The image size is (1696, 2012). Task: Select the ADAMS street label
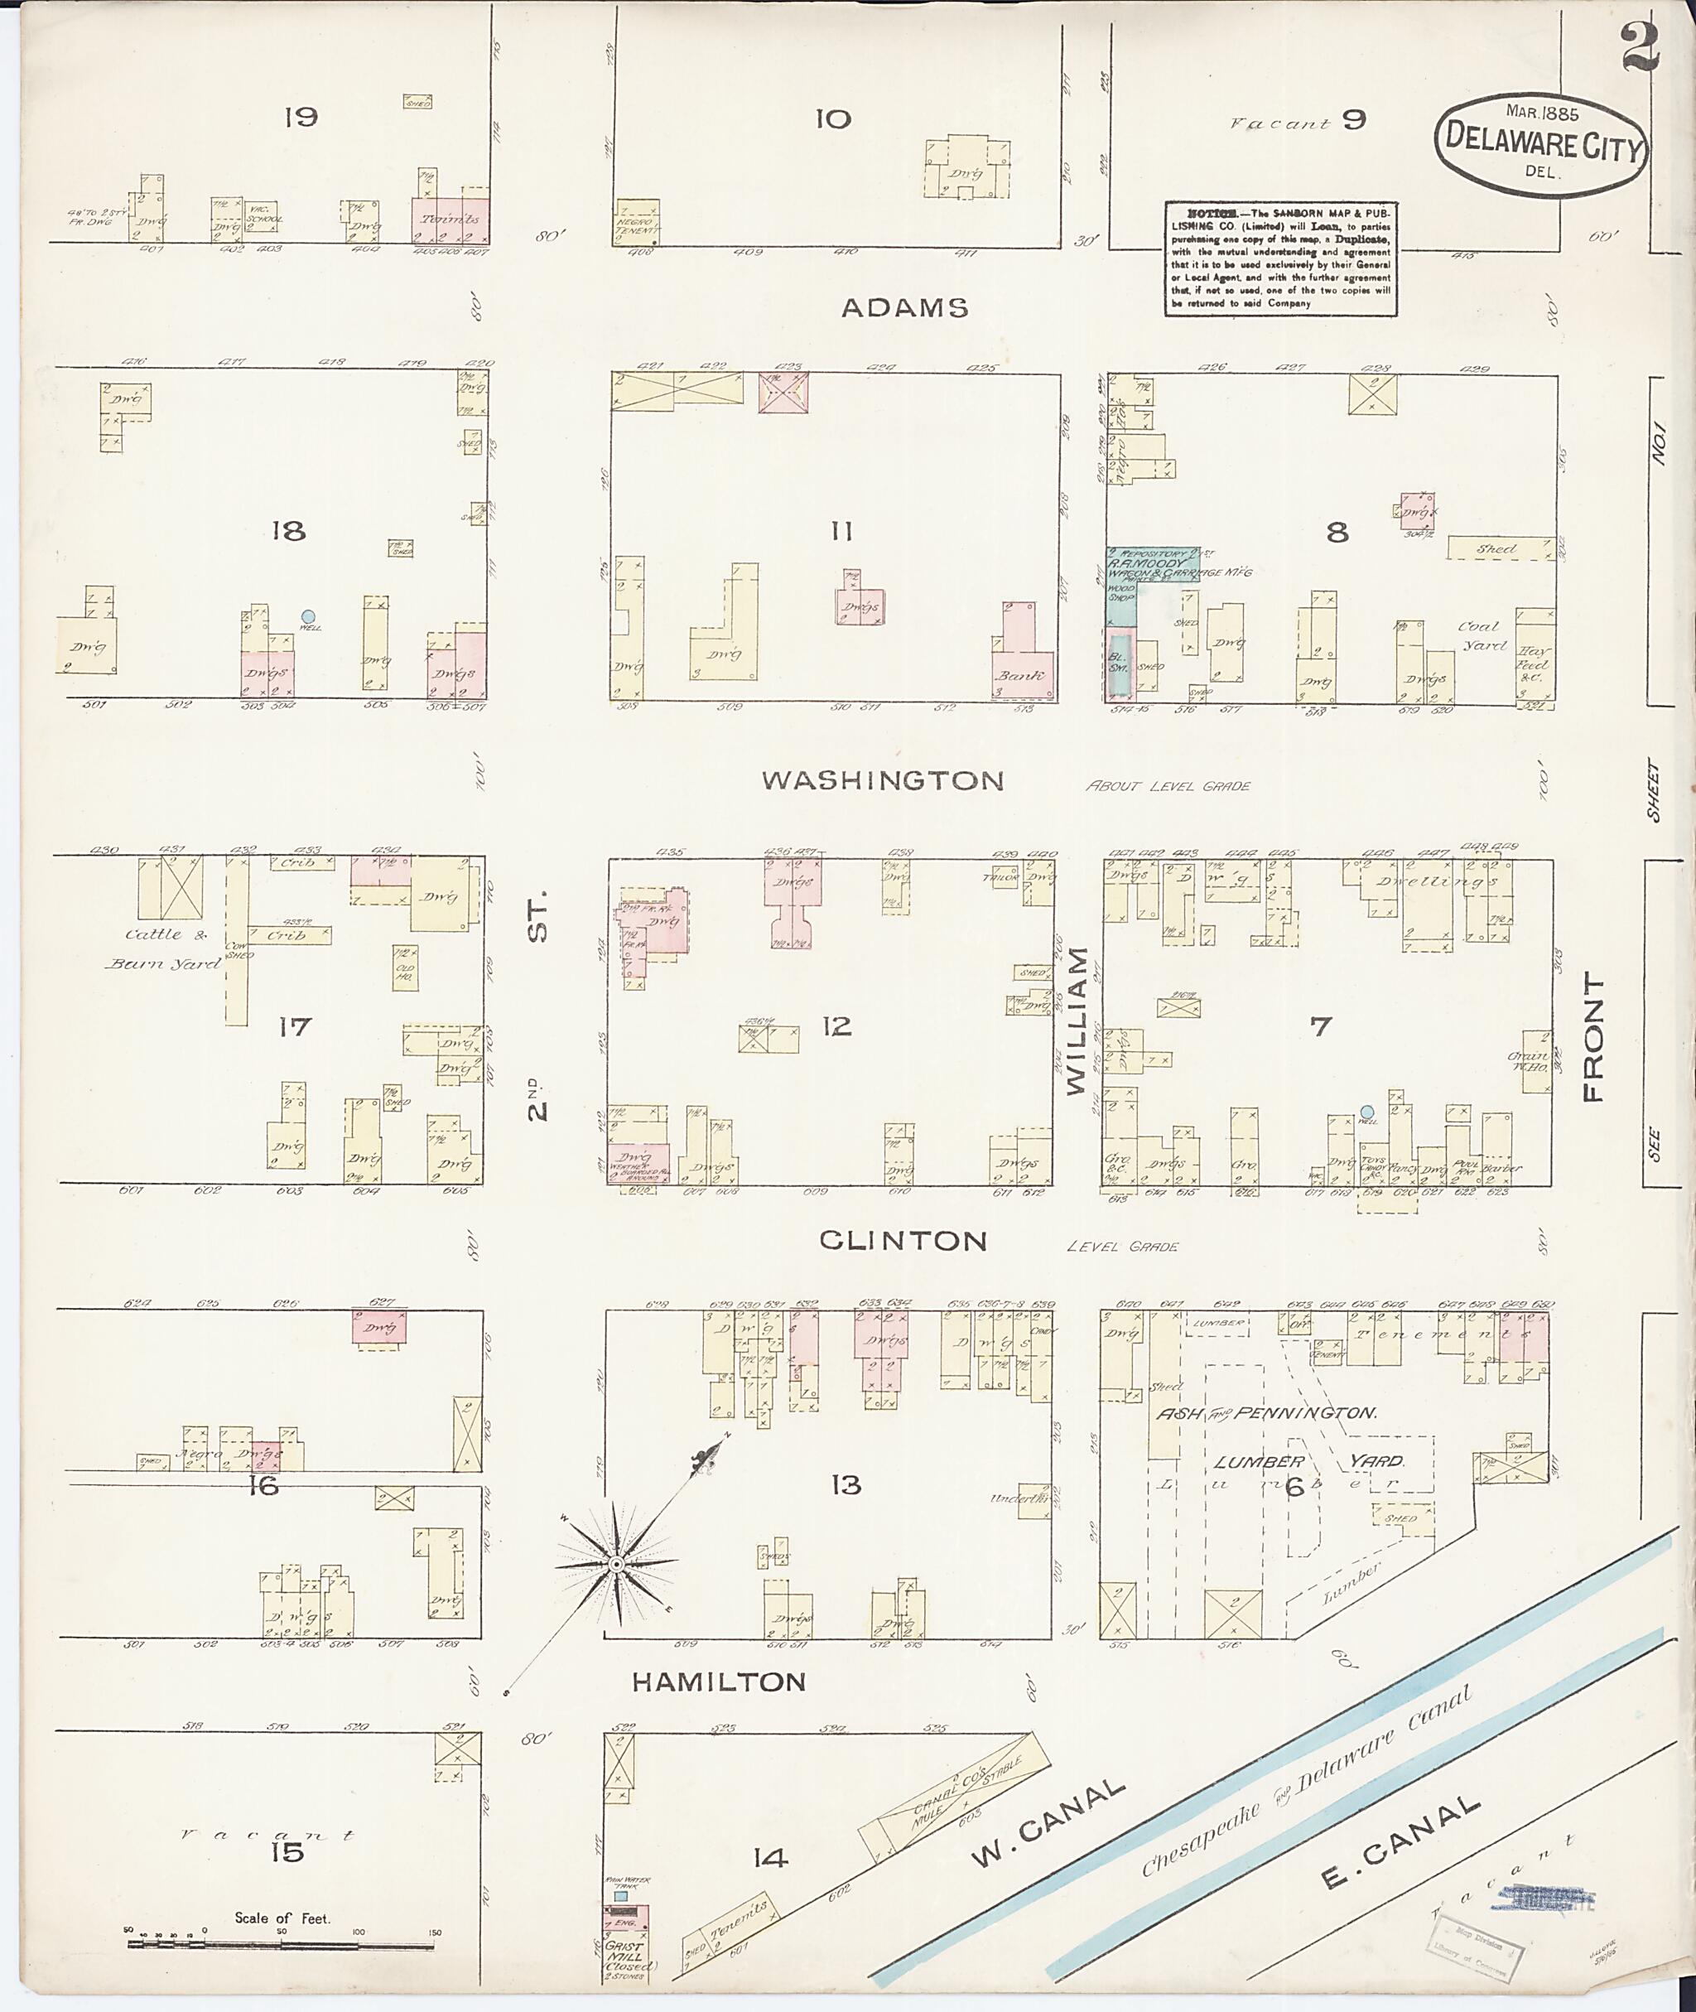tap(904, 308)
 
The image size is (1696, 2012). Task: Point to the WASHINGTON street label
tap(883, 780)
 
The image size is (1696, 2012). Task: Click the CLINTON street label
tap(903, 1241)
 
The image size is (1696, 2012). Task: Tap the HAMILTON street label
tap(718, 1681)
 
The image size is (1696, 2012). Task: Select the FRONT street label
tap(1593, 1037)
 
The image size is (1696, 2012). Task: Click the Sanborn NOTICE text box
tap(1279, 258)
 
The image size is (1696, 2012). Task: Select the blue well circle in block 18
tap(308, 616)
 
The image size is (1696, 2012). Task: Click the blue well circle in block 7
tap(1366, 1112)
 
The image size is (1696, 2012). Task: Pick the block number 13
tap(846, 1486)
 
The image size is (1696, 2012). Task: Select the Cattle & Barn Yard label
tap(163, 948)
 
